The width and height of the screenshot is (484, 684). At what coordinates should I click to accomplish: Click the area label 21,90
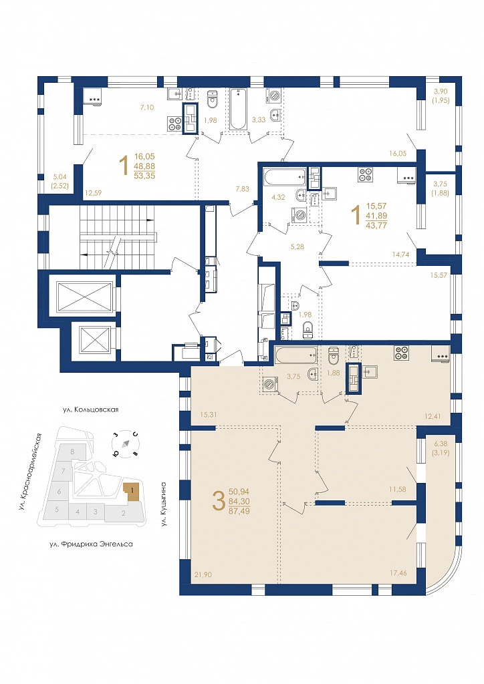coord(202,575)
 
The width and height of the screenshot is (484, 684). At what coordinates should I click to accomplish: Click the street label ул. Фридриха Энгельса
coord(91,544)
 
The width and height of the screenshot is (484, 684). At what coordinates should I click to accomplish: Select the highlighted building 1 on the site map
coord(132,491)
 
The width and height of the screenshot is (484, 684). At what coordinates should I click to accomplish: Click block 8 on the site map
coord(72,451)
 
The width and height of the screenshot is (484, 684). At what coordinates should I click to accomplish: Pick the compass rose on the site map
coord(126,444)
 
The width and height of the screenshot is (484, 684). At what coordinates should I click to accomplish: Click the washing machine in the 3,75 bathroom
coord(269,384)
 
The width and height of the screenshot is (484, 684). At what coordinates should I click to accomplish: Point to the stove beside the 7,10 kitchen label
coord(175,124)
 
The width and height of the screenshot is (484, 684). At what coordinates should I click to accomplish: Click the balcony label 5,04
coord(61,178)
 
